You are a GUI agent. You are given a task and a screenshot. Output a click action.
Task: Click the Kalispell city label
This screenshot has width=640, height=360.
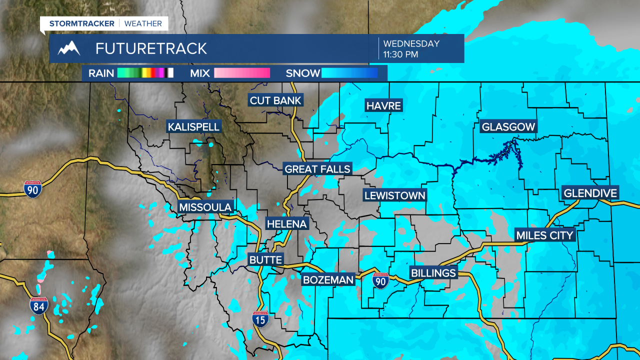pos(193,127)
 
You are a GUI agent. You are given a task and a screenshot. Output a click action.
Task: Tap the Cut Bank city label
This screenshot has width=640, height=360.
pos(275,100)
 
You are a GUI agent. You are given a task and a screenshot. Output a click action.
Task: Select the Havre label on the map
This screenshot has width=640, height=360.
pos(384,105)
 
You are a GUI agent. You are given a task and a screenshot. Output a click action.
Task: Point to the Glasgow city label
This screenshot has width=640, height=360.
pos(508,127)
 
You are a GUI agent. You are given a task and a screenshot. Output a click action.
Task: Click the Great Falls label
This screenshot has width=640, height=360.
pos(317,169)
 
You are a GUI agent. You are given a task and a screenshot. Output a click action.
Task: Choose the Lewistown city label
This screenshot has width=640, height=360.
pos(394,195)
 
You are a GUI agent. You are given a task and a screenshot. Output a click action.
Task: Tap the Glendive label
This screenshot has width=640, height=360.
pos(590,193)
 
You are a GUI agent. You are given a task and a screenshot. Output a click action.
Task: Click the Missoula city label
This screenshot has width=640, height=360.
pos(205,207)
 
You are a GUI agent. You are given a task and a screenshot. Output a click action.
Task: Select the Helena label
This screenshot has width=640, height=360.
pos(286,224)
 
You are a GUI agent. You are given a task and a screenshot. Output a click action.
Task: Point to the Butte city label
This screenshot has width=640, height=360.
pos(266,259)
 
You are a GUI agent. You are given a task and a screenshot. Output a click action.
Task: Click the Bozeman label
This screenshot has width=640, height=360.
pos(328,280)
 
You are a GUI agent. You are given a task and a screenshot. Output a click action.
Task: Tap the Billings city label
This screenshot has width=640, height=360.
pos(433,273)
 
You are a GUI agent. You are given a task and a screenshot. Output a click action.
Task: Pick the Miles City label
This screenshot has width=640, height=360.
pos(544,235)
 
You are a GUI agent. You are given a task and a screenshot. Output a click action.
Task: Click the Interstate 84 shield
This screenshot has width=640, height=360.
pos(38,305)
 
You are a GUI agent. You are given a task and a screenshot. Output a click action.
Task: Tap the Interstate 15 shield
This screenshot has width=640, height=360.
pos(260,318)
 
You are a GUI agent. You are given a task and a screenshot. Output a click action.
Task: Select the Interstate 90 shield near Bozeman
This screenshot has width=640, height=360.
pos(381,281)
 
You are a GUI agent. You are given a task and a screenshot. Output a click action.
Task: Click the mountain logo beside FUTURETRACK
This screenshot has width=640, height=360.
pos(69,48)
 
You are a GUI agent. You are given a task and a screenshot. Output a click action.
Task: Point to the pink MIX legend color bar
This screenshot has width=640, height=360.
pos(242,73)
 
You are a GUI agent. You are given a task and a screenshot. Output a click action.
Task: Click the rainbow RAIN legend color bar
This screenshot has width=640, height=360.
pos(145,73)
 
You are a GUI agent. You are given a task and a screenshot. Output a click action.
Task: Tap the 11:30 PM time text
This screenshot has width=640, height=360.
pos(400,54)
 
